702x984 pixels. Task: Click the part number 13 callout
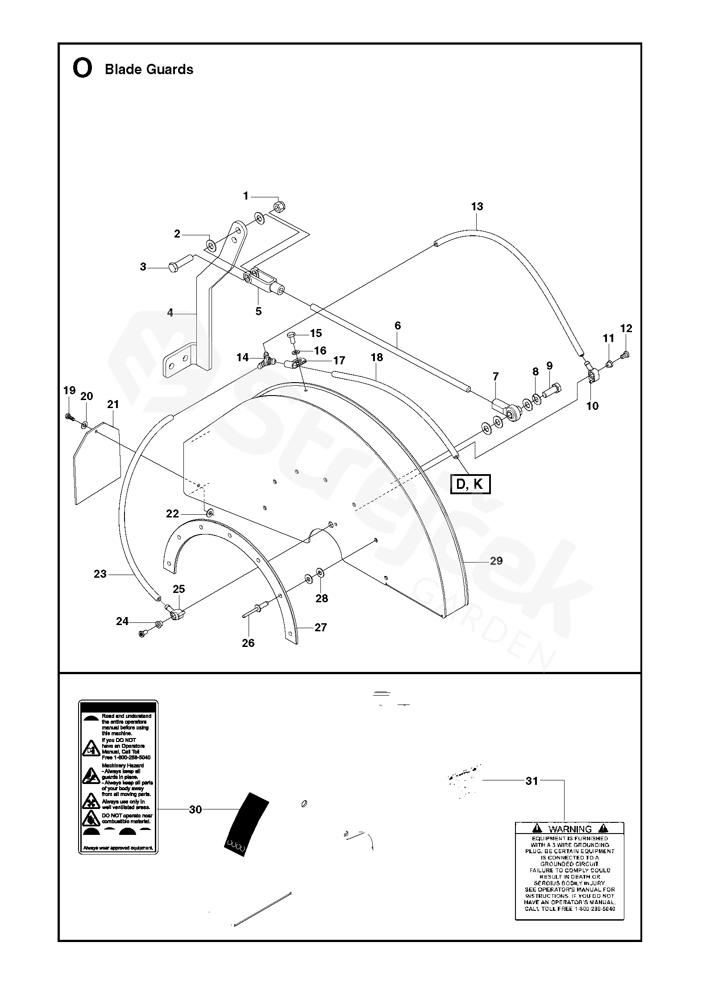pyautogui.click(x=477, y=206)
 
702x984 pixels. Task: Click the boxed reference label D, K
pyautogui.click(x=470, y=484)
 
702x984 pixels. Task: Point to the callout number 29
pyautogui.click(x=496, y=561)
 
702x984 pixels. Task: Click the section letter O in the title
pyautogui.click(x=82, y=69)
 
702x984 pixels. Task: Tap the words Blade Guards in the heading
pyautogui.click(x=149, y=70)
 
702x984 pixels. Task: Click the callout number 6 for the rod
pyautogui.click(x=398, y=325)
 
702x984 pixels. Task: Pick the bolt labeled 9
pyautogui.click(x=552, y=389)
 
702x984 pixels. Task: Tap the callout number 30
pyautogui.click(x=195, y=809)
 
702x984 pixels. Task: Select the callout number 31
pyautogui.click(x=532, y=781)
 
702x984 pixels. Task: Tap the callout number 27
pyautogui.click(x=320, y=627)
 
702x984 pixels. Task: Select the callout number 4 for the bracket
pyautogui.click(x=170, y=313)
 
